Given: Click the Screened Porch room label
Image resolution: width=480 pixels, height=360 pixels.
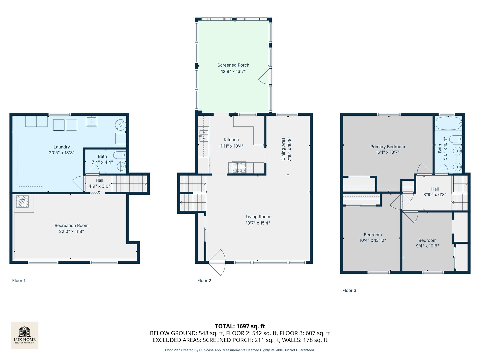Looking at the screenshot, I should tap(233, 65).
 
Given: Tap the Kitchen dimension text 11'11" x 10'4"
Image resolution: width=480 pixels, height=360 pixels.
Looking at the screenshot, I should tap(231, 146).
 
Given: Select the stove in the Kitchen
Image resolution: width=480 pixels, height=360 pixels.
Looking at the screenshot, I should tap(239, 167).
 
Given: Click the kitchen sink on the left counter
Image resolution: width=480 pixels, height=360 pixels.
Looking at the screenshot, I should tap(204, 136).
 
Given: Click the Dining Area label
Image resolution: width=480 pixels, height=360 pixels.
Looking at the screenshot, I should tap(283, 149).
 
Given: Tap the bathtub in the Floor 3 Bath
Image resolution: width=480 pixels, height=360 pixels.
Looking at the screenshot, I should tap(448, 123).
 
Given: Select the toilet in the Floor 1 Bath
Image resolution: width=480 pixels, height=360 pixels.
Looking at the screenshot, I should tap(119, 155).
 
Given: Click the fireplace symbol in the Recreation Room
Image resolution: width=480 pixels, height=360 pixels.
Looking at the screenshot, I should tap(22, 201).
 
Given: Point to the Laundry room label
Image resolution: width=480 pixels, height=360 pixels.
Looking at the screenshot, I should tap(62, 147).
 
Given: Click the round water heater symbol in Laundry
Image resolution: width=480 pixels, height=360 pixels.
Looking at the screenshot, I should tap(120, 125).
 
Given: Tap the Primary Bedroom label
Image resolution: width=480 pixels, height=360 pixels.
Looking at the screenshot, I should tap(387, 147).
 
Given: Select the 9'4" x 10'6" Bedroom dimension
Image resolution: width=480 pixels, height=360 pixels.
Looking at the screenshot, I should tap(427, 246).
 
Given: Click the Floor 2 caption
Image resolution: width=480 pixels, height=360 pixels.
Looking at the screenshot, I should tap(204, 281).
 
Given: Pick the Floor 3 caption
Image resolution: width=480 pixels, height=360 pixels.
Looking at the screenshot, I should tap(349, 290).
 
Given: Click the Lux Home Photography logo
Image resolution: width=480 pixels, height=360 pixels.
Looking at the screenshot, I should tap(25, 335).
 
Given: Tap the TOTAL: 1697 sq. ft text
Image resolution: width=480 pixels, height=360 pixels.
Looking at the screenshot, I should tap(240, 326).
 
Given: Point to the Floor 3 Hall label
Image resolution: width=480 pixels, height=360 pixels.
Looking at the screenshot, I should tap(435, 189).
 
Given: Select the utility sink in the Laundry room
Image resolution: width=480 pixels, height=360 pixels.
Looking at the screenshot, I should tap(91, 121).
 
